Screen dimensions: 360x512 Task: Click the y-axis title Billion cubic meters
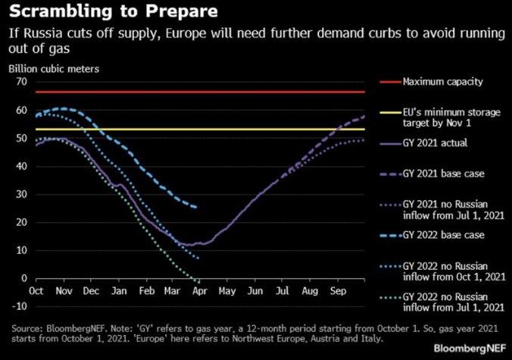(x=54, y=69)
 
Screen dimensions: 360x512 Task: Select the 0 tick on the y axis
(x=23, y=278)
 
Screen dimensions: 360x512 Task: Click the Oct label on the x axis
(x=35, y=290)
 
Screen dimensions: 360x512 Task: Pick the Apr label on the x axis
(x=201, y=290)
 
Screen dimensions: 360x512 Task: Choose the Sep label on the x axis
(x=339, y=290)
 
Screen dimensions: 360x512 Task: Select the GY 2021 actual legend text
(x=434, y=142)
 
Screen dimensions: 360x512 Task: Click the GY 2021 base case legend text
(x=440, y=174)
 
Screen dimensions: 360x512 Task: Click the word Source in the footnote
(x=28, y=328)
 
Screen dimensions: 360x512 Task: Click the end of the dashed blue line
(x=197, y=207)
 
